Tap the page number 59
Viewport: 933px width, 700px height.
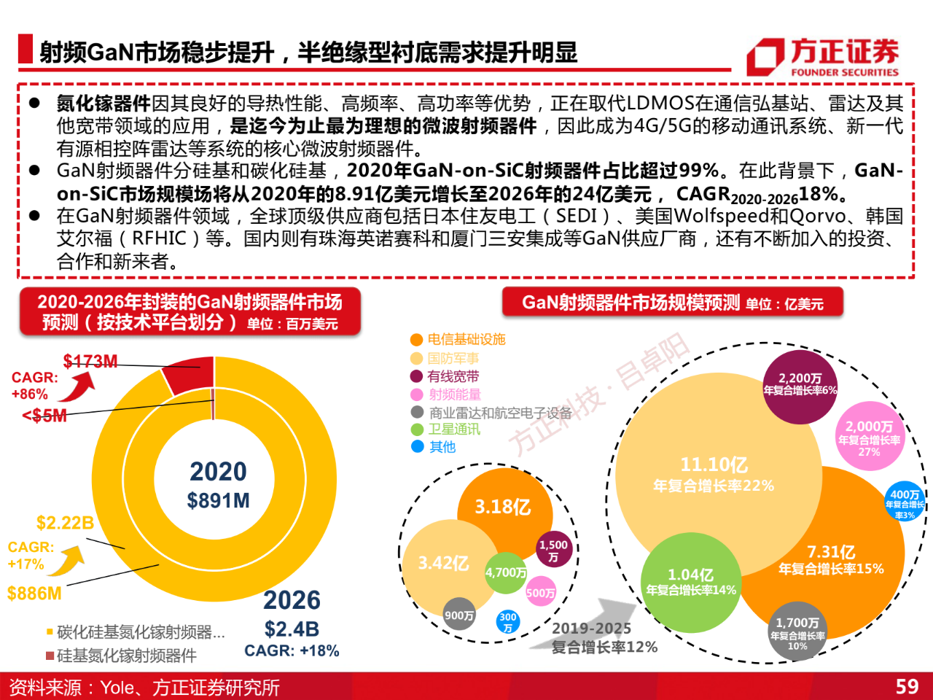click(907, 686)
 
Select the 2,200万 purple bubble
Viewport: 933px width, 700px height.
click(800, 386)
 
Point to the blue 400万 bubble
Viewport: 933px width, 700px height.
click(905, 502)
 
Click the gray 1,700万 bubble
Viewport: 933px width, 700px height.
click(797, 631)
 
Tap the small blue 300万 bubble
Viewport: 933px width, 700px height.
click(508, 621)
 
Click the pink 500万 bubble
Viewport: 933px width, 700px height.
click(540, 592)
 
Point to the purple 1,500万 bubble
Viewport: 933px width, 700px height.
click(553, 550)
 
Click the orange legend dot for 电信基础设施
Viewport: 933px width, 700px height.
click(417, 340)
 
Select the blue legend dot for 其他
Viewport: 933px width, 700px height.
click(417, 446)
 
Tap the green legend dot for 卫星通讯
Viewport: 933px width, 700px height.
click(417, 429)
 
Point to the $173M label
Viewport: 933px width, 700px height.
click(90, 361)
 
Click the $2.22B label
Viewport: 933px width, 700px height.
click(64, 523)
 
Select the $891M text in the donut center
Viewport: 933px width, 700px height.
click(218, 500)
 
